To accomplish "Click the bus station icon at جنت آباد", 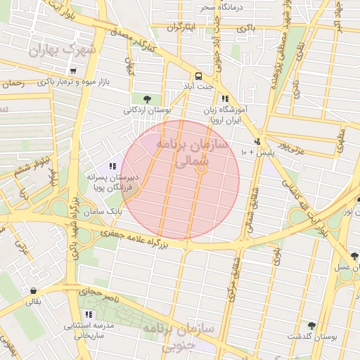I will [x=199, y=76].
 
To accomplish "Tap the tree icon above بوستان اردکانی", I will [x=146, y=98].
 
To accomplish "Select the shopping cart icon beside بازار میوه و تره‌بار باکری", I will [x=73, y=71].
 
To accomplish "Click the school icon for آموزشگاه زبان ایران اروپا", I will [x=225, y=99].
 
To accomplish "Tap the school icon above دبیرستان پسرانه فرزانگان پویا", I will [x=112, y=166].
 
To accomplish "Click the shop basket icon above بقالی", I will [x=33, y=290].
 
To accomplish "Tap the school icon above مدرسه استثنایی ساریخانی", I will [x=89, y=314].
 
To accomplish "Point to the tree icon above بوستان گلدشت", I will [x=311, y=326].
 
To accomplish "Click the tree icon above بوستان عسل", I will [x=354, y=256].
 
